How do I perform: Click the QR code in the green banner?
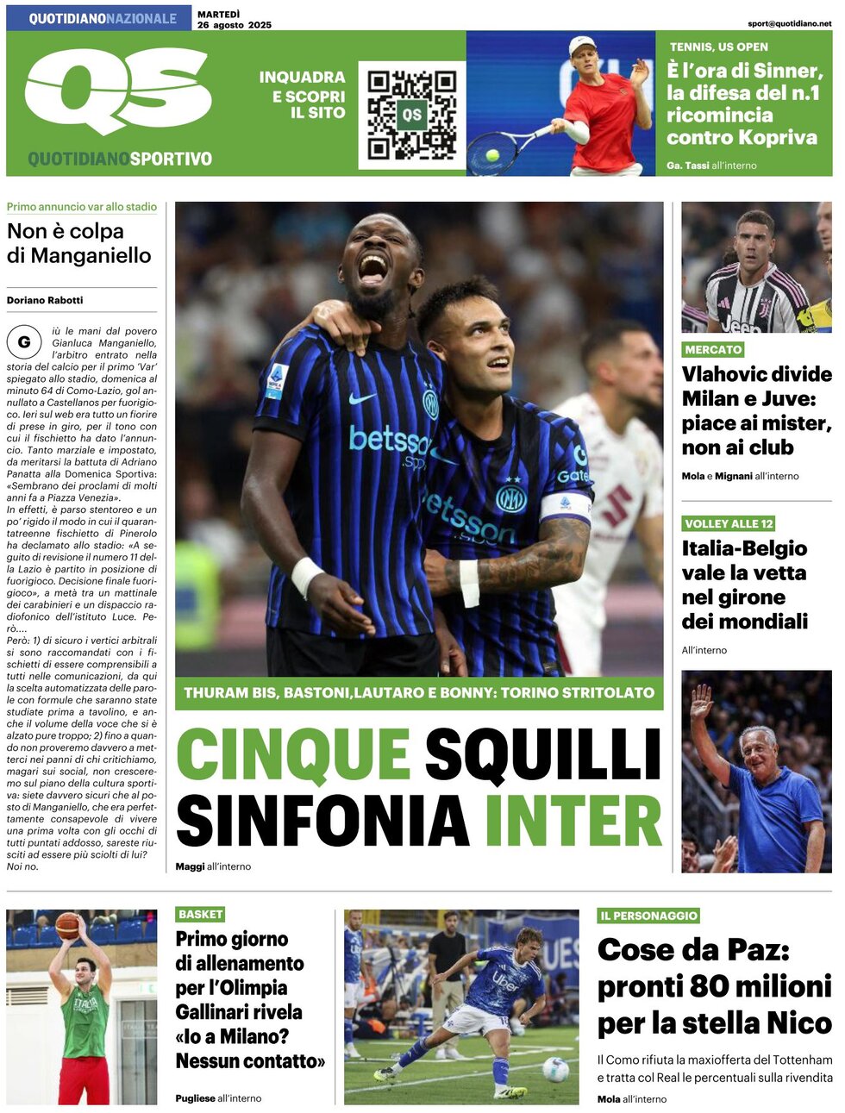click(x=411, y=115)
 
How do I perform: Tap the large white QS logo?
click(x=118, y=90)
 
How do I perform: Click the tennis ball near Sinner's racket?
click(x=492, y=156)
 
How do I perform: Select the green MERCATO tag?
click(x=713, y=349)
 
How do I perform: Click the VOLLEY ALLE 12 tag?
click(x=729, y=523)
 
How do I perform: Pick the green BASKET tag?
click(x=200, y=914)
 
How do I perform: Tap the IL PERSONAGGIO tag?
click(x=648, y=916)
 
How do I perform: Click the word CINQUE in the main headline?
click(x=293, y=754)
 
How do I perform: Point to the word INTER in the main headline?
click(x=573, y=821)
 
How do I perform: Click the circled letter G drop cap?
click(x=24, y=342)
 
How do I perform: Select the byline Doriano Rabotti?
click(x=45, y=300)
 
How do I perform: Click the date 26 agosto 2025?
click(x=234, y=25)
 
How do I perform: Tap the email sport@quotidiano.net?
click(x=789, y=24)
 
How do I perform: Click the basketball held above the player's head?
click(x=67, y=925)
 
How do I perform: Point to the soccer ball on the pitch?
click(x=556, y=1069)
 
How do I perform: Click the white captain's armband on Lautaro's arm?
click(x=566, y=506)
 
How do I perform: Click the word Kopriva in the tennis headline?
click(x=775, y=137)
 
